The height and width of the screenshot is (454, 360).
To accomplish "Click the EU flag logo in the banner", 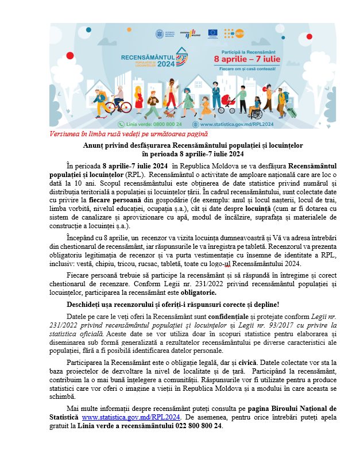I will click(212, 33).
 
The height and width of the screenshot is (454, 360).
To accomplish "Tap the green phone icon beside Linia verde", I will click(121, 124).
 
